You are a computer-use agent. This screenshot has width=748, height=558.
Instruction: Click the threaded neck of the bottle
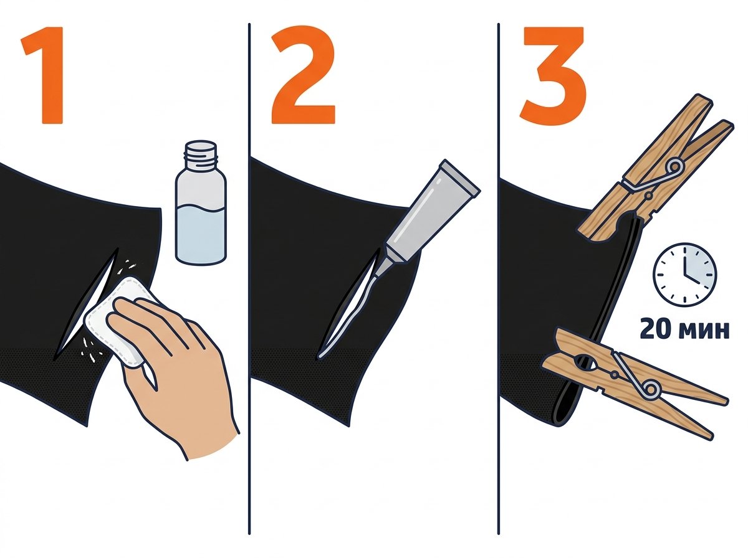click(x=200, y=153)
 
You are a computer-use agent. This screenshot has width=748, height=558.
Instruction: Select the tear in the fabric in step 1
click(x=86, y=304)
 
